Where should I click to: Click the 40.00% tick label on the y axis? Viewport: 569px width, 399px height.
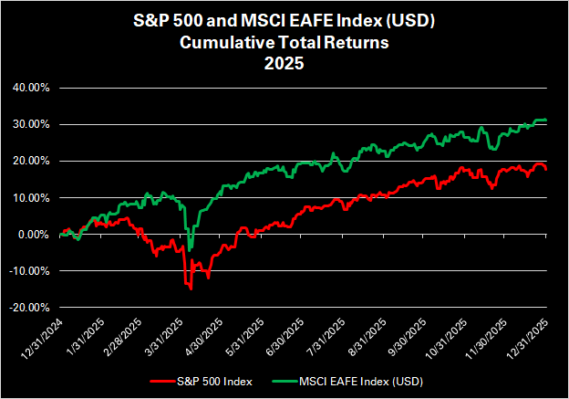tap(30, 89)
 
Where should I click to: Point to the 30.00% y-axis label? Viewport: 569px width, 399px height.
tap(30, 125)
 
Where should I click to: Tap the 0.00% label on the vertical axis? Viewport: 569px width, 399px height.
tap(33, 235)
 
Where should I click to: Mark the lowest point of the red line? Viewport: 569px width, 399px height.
tap(191, 289)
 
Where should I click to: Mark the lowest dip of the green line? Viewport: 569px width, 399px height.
tap(191, 248)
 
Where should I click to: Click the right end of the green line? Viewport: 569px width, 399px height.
tap(546, 121)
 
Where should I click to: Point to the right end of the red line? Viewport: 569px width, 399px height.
tap(546, 170)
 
